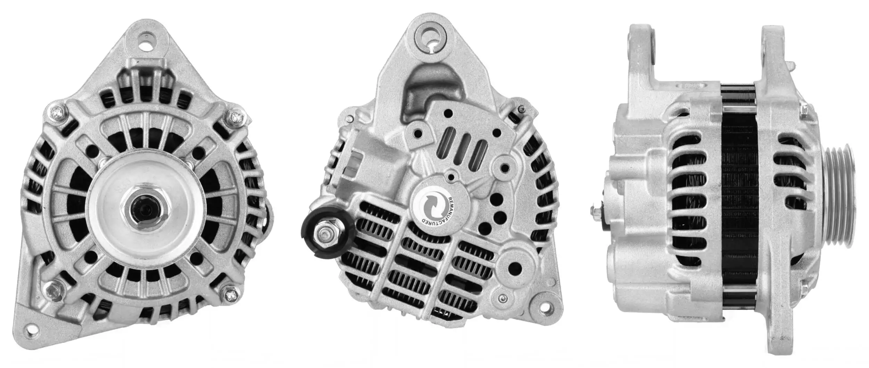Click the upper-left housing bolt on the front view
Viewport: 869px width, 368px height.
[57, 113]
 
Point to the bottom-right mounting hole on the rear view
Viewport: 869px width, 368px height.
[545, 307]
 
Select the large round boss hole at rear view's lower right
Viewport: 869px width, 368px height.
[515, 267]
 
